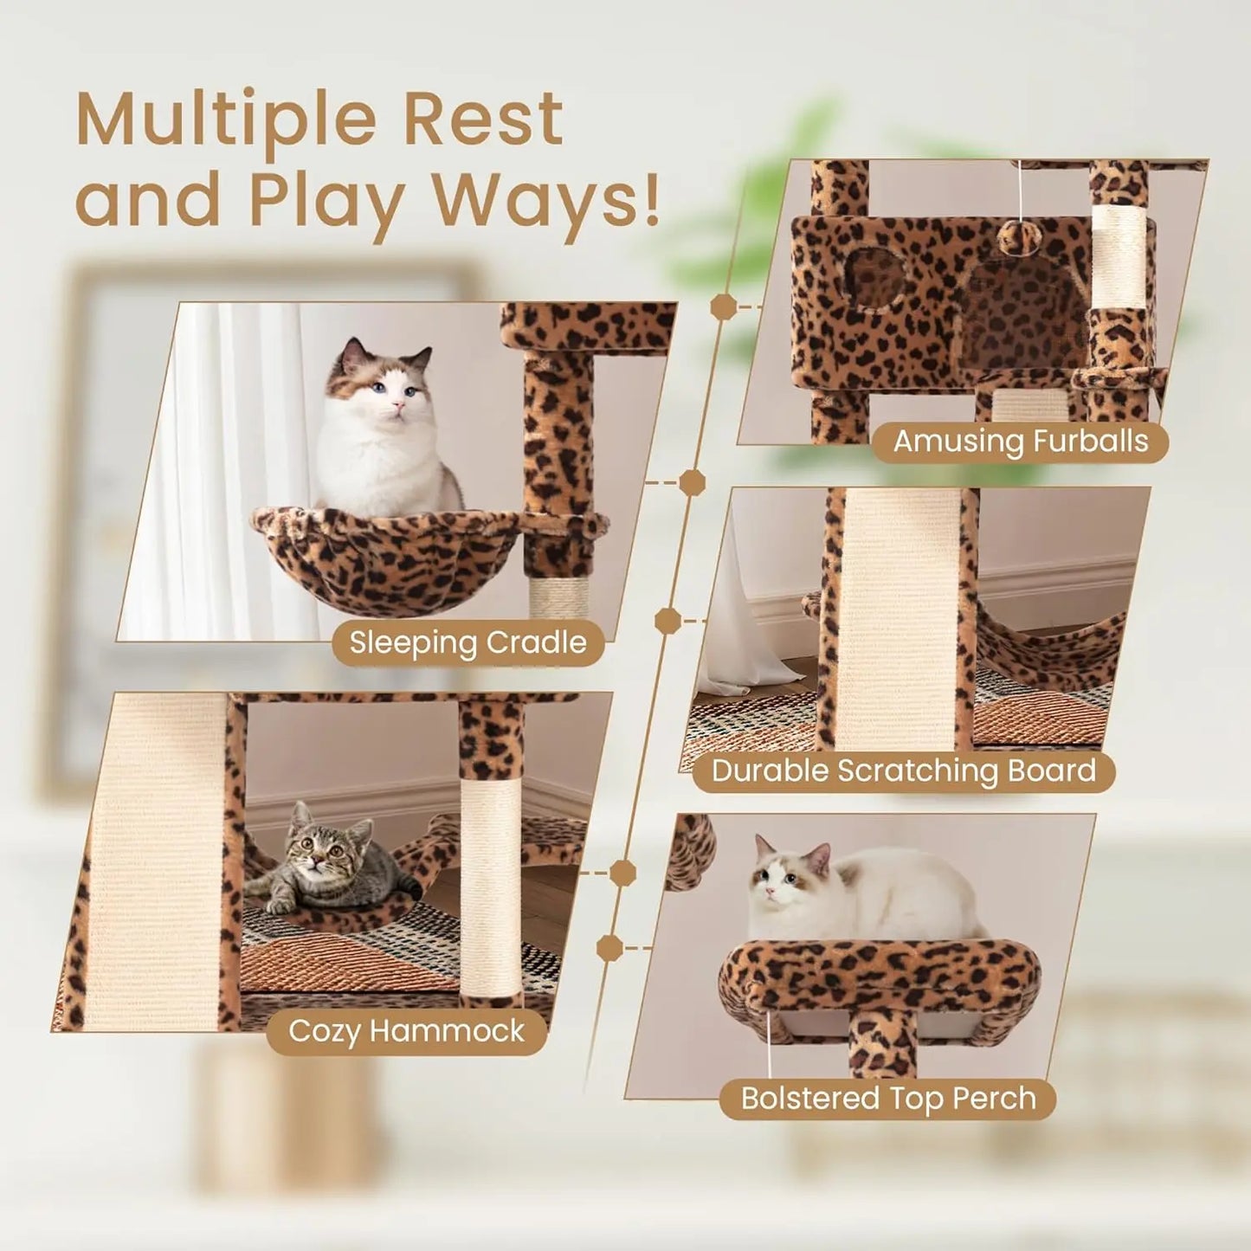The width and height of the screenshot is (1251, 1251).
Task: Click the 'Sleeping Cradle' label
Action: click(x=468, y=643)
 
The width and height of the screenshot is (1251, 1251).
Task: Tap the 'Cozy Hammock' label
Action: click(x=406, y=1031)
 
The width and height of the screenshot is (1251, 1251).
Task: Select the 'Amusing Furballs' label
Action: click(x=1020, y=442)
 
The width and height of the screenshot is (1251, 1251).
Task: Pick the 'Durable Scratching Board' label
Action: click(x=903, y=771)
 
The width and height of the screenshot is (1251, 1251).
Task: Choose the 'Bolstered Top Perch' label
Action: click(x=887, y=1098)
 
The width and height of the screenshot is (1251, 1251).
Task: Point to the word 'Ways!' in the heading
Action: click(x=545, y=201)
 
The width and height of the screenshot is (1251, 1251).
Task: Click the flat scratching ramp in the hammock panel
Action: click(x=152, y=866)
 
